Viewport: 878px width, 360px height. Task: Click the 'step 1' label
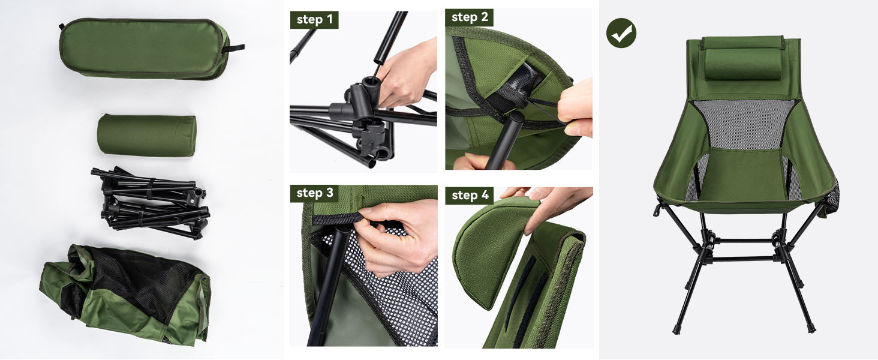(x=314, y=20)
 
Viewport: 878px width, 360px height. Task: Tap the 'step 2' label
(x=469, y=17)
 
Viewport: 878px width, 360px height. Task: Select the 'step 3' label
(x=314, y=193)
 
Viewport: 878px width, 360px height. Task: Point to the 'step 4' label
(x=470, y=195)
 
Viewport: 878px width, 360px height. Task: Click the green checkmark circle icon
(x=621, y=33)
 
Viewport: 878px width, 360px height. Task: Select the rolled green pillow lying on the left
(x=146, y=136)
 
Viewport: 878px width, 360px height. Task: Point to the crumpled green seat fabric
(x=125, y=295)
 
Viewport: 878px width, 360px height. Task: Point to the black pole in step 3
(x=329, y=287)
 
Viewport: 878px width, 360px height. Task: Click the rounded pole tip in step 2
(x=516, y=117)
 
